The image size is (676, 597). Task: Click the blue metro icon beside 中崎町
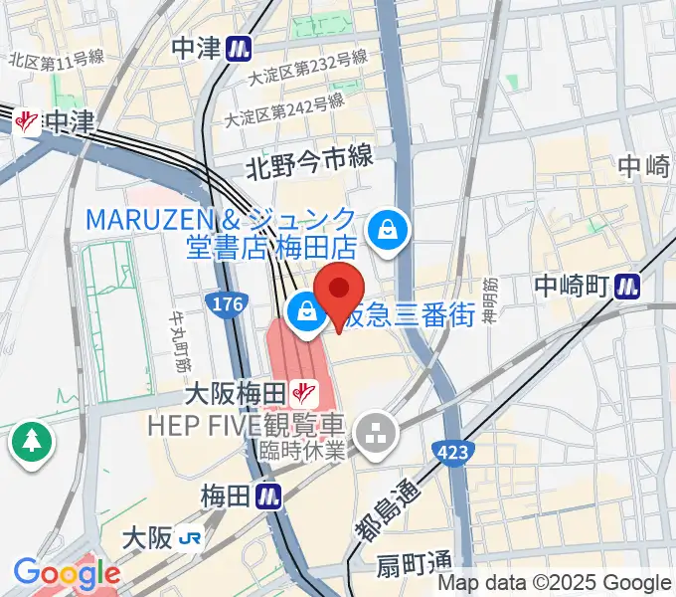(x=627, y=286)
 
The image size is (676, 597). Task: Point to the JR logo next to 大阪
(x=191, y=538)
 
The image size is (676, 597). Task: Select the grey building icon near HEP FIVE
(x=377, y=431)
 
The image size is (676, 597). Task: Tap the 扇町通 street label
(x=414, y=567)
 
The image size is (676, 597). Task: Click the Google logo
(x=67, y=574)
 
